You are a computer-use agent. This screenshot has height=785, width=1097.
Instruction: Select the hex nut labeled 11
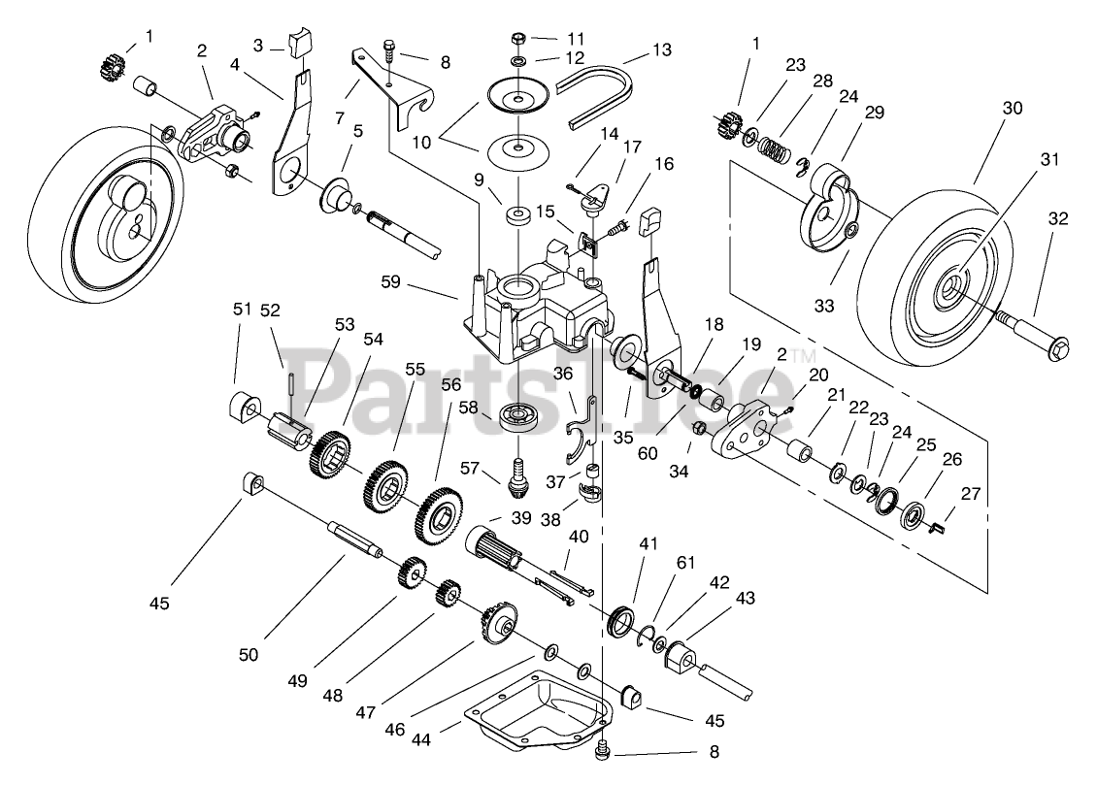click(518, 38)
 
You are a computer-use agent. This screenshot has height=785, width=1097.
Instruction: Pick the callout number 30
click(1012, 109)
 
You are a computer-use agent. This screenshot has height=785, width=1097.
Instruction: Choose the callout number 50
click(249, 655)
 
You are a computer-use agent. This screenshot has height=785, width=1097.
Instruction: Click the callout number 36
click(563, 374)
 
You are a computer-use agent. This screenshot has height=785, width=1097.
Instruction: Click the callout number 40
click(579, 537)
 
